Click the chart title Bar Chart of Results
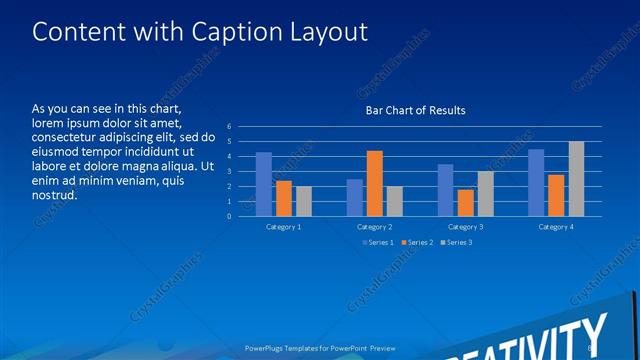pyautogui.click(x=415, y=110)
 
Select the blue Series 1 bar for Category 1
pyautogui.click(x=264, y=184)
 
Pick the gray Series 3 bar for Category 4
pyautogui.click(x=576, y=179)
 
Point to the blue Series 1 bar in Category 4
pyautogui.click(x=536, y=183)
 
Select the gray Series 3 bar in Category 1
pyautogui.click(x=304, y=201)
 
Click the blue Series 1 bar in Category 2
pyautogui.click(x=354, y=198)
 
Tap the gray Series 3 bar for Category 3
pyautogui.click(x=485, y=194)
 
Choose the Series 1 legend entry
pyautogui.click(x=376, y=242)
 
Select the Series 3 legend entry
pyautogui.click(x=456, y=242)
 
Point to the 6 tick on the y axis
pyautogui.click(x=229, y=127)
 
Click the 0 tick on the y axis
pyautogui.click(x=229, y=216)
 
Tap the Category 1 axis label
pyautogui.click(x=284, y=227)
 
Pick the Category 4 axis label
pyautogui.click(x=556, y=227)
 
